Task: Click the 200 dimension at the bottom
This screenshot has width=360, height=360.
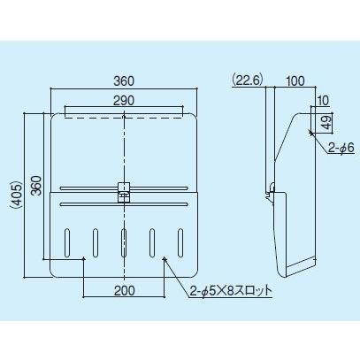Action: coord(124,288)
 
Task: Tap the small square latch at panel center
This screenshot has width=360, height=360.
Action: coord(124,189)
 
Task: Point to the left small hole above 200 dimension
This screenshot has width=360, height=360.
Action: coord(83,259)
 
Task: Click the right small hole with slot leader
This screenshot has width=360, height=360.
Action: coord(165,259)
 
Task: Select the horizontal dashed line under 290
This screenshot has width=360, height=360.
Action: coord(124,114)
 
